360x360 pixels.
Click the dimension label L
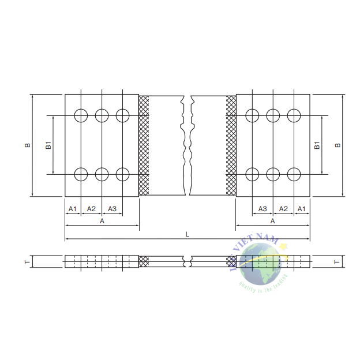187,234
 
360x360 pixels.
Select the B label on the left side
27,145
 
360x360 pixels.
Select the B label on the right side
338,145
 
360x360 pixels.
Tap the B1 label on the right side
317,145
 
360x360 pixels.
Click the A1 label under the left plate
73,208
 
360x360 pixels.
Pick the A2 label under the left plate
91,208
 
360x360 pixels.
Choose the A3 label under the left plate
112,208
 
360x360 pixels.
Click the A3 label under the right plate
262,208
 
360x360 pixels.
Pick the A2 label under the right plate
283,208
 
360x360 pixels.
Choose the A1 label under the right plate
302,208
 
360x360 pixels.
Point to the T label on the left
27,262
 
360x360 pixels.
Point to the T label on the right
336,262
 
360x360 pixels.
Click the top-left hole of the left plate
81,115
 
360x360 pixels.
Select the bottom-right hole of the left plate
122,174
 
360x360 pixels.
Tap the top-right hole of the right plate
294,115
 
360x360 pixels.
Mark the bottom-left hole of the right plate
252,174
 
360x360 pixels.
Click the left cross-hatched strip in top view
144,145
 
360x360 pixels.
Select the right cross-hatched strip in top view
231,145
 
